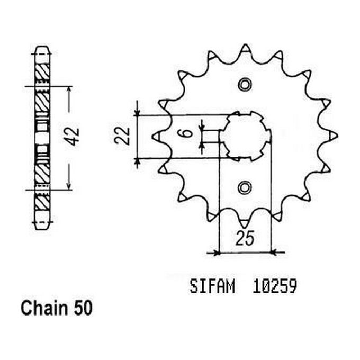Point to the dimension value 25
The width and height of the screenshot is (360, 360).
tap(244, 240)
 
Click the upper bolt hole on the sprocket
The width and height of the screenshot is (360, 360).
tap(244, 85)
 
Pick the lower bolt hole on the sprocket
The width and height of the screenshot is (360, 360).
tap(244, 187)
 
